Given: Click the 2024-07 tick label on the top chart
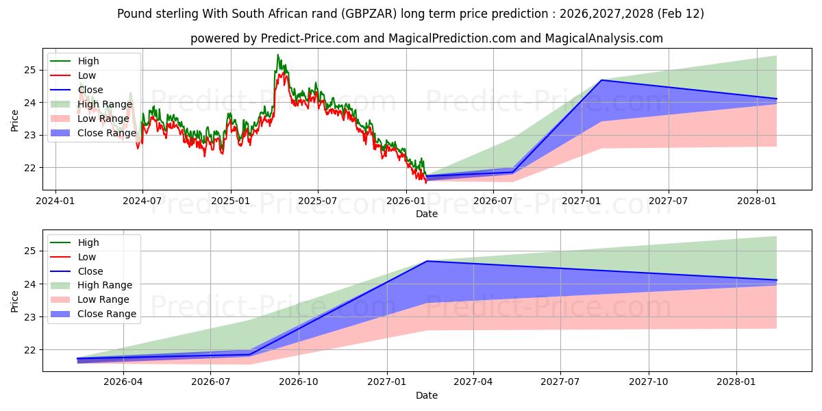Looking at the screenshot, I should pyautogui.click(x=142, y=201).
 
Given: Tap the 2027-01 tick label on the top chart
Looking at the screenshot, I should pyautogui.click(x=582, y=201).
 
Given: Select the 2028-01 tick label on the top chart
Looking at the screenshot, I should pyautogui.click(x=757, y=201).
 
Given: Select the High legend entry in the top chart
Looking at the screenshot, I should pyautogui.click(x=88, y=61).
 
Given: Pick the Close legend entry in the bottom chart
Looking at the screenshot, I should pyautogui.click(x=90, y=271).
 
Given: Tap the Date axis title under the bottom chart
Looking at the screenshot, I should pyautogui.click(x=427, y=395).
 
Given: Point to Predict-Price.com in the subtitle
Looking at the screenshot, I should pyautogui.click(x=310, y=38).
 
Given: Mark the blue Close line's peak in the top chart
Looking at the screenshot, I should pyautogui.click(x=601, y=80).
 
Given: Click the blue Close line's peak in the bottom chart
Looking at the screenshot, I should pyautogui.click(x=427, y=261).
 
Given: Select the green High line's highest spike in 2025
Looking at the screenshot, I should pyautogui.click(x=277, y=55).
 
